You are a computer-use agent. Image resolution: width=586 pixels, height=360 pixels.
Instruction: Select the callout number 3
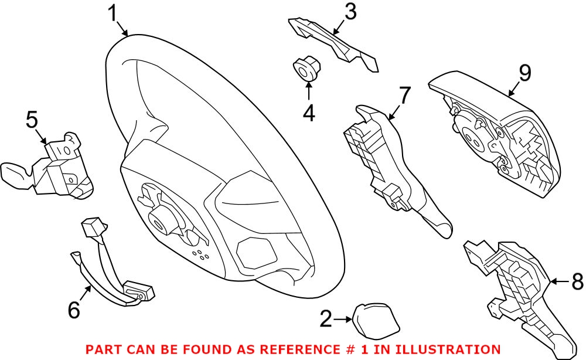[x=350, y=12]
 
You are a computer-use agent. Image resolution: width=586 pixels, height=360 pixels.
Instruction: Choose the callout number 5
[x=32, y=120]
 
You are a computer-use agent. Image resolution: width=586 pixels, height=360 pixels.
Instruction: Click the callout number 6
[x=74, y=310]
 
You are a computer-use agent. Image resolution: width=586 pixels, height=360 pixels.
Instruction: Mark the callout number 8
[x=577, y=282]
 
